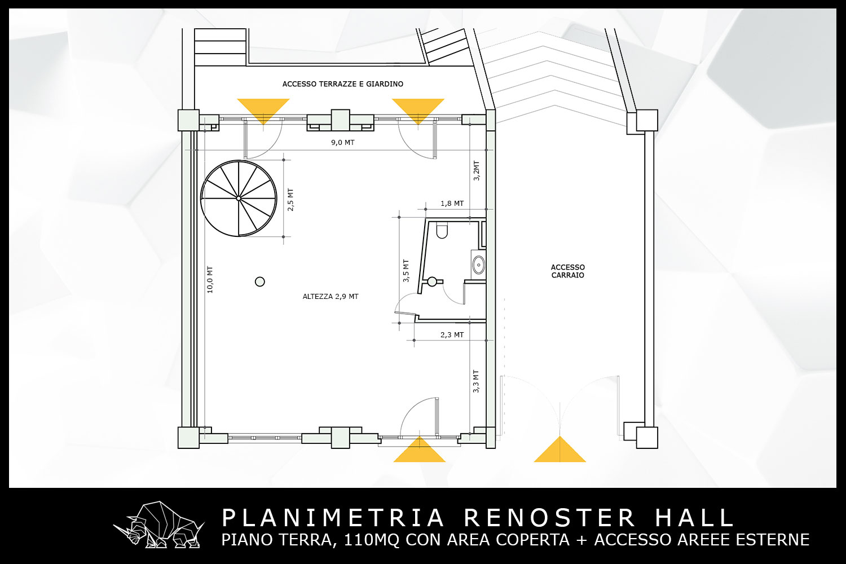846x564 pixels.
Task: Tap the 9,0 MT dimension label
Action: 343,143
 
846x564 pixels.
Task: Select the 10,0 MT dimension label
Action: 210,280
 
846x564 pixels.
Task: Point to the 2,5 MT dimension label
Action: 290,200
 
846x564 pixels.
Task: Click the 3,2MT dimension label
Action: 476,171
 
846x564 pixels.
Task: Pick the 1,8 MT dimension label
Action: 452,203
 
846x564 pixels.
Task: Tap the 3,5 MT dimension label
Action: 406,271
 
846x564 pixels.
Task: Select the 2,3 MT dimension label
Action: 452,334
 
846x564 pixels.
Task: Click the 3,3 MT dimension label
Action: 476,381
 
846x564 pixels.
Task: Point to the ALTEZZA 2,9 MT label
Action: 331,297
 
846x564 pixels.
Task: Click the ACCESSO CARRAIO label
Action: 567,271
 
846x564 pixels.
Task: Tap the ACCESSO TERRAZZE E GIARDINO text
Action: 343,84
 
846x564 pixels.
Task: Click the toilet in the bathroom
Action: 442,231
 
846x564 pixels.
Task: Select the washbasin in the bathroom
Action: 479,265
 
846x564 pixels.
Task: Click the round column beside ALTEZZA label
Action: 260,282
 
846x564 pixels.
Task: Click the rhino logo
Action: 158,525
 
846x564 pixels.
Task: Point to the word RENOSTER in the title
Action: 550,518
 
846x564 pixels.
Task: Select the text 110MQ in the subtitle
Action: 371,539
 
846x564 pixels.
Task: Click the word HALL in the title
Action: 694,518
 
